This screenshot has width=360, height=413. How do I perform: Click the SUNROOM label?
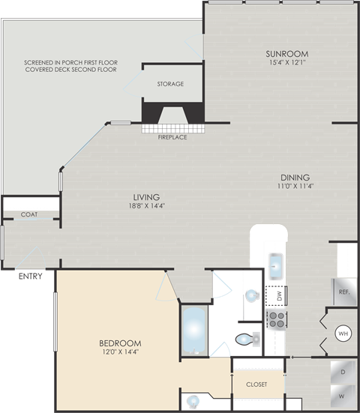click(x=287, y=54)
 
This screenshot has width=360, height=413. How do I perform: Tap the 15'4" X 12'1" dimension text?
click(x=287, y=63)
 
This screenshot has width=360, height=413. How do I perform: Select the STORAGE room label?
click(x=170, y=84)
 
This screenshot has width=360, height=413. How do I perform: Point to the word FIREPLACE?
click(x=172, y=137)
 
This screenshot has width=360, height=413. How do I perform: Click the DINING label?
click(x=295, y=178)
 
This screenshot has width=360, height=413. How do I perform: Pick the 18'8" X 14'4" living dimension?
click(x=147, y=205)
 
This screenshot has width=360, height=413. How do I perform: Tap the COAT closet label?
click(x=29, y=214)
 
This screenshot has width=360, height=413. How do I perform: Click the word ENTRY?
click(x=31, y=277)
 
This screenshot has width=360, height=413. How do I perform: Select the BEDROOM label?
click(x=120, y=343)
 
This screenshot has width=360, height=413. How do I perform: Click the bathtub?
click(x=194, y=331)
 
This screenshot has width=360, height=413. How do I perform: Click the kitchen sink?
click(x=276, y=266)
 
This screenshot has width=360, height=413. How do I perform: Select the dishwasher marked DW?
click(x=276, y=296)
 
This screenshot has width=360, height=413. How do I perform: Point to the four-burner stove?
click(x=277, y=319)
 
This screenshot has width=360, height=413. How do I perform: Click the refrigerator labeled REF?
click(x=344, y=292)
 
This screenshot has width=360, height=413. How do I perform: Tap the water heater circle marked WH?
click(x=343, y=334)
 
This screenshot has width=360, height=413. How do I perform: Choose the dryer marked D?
click(x=343, y=372)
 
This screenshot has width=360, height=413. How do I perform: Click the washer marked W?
click(x=342, y=397)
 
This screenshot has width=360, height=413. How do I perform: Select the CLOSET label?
click(x=256, y=385)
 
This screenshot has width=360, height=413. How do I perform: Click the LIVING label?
click(x=146, y=197)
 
